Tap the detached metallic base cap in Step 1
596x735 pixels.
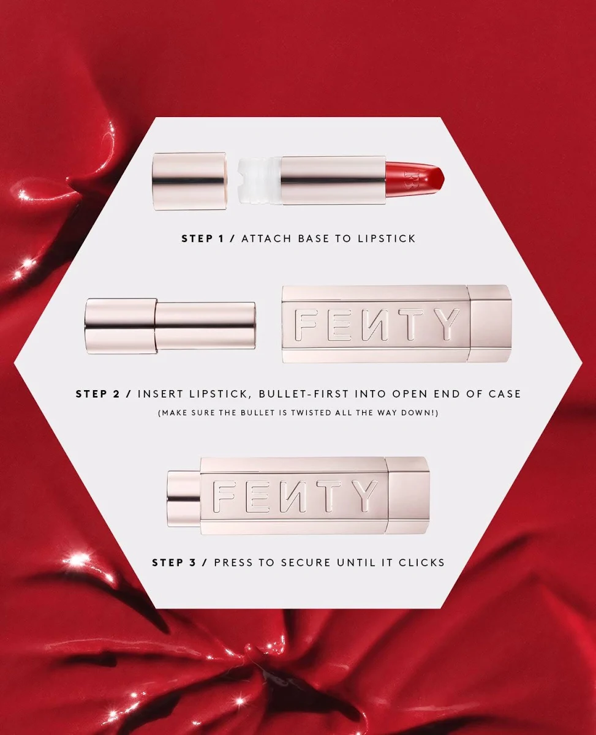[x=189, y=181]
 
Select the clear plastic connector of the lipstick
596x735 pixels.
[x=259, y=181]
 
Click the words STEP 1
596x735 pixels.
[x=203, y=238]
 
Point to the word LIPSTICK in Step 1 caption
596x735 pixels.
[x=387, y=238]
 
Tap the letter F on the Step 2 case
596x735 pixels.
[x=306, y=324]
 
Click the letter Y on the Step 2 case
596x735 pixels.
[x=447, y=324]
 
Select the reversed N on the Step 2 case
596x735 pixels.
[x=375, y=324]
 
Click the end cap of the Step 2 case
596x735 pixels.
[x=490, y=323]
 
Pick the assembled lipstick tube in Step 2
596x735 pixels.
[x=170, y=326]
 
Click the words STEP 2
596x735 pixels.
[x=97, y=394]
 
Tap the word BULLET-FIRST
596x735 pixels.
[x=304, y=394]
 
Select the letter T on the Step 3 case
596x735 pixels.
[x=329, y=496]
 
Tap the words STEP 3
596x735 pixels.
[x=174, y=562]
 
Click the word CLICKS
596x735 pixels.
[x=421, y=562]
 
